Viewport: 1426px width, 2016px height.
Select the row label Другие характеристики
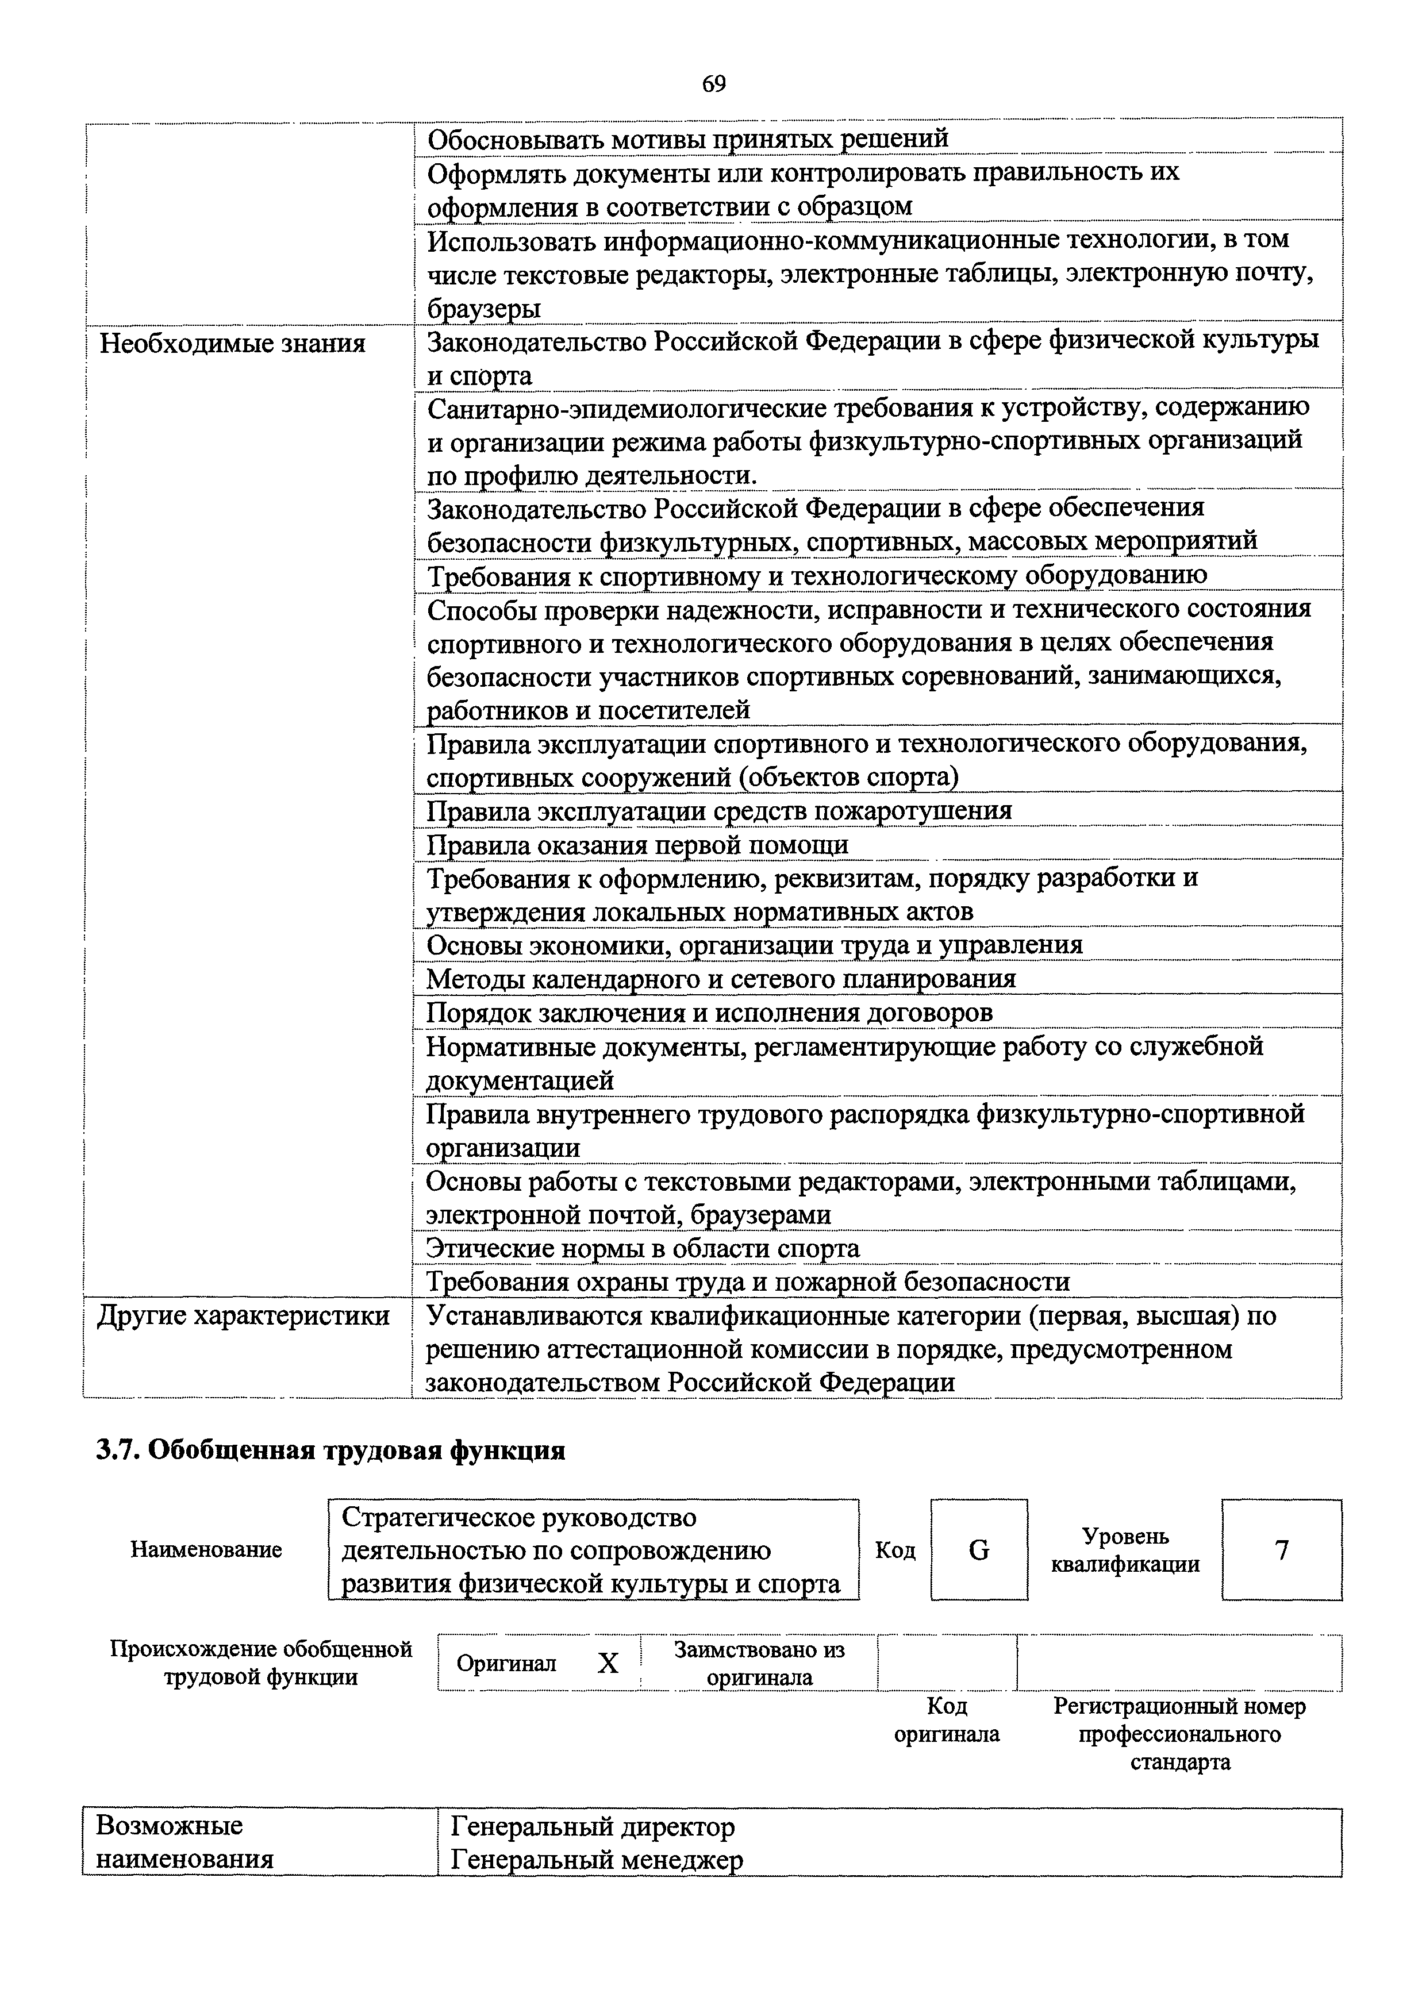[243, 1316]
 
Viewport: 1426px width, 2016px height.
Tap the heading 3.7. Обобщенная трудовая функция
[330, 1451]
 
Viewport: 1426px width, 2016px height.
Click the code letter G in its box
[978, 1551]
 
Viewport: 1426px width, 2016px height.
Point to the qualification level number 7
[1281, 1551]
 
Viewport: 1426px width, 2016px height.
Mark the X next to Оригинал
[608, 1663]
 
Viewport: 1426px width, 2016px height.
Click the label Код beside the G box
[895, 1551]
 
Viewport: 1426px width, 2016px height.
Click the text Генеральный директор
[593, 1828]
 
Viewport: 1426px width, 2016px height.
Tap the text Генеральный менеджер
[596, 1861]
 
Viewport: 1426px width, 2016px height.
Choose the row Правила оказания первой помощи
[637, 845]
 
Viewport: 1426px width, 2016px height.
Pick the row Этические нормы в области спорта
[643, 1249]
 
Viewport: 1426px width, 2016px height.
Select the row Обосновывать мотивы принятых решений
[687, 138]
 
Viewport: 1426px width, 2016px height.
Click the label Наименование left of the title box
[206, 1551]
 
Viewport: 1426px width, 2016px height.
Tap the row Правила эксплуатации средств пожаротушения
[718, 810]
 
